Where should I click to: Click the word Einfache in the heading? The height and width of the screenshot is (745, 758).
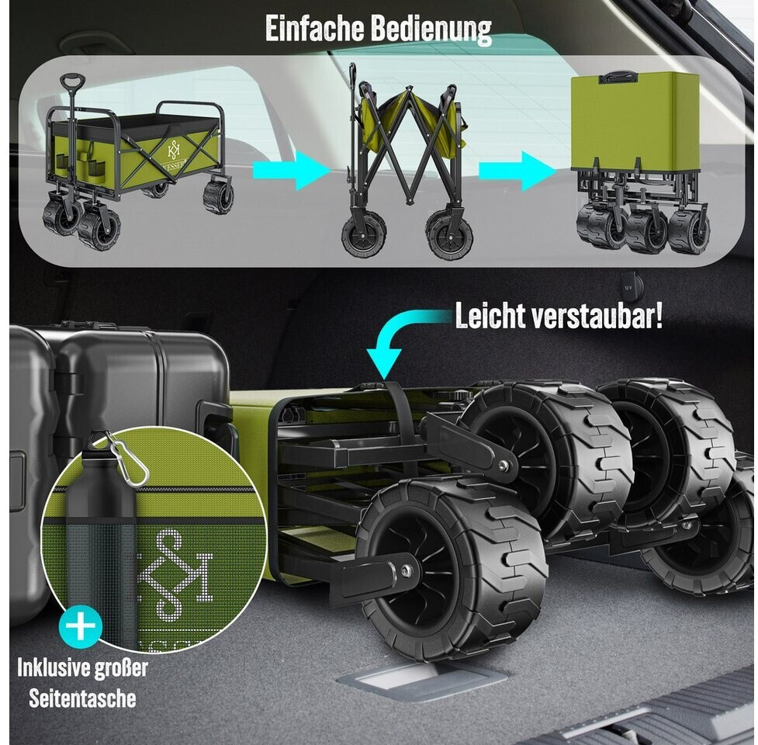[315, 29]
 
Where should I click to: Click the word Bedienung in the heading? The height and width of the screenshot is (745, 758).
[431, 30]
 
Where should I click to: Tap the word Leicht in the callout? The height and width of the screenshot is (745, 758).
[490, 316]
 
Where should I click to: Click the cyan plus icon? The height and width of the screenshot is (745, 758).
[81, 626]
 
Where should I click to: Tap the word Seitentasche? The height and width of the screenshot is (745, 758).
[82, 698]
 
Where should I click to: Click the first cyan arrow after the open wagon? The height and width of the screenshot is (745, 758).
[292, 170]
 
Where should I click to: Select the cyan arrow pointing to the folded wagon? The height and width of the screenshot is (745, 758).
[517, 171]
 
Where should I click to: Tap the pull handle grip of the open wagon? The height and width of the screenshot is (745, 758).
[72, 80]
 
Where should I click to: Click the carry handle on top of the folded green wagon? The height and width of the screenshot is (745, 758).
[618, 76]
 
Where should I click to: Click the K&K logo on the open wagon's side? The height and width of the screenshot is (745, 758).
[173, 149]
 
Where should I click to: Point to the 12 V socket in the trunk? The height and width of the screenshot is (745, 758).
[629, 286]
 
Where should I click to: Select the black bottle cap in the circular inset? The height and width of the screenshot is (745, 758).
[98, 448]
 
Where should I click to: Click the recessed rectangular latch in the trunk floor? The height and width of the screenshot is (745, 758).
[421, 679]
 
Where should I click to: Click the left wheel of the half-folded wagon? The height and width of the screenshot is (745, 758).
[364, 236]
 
